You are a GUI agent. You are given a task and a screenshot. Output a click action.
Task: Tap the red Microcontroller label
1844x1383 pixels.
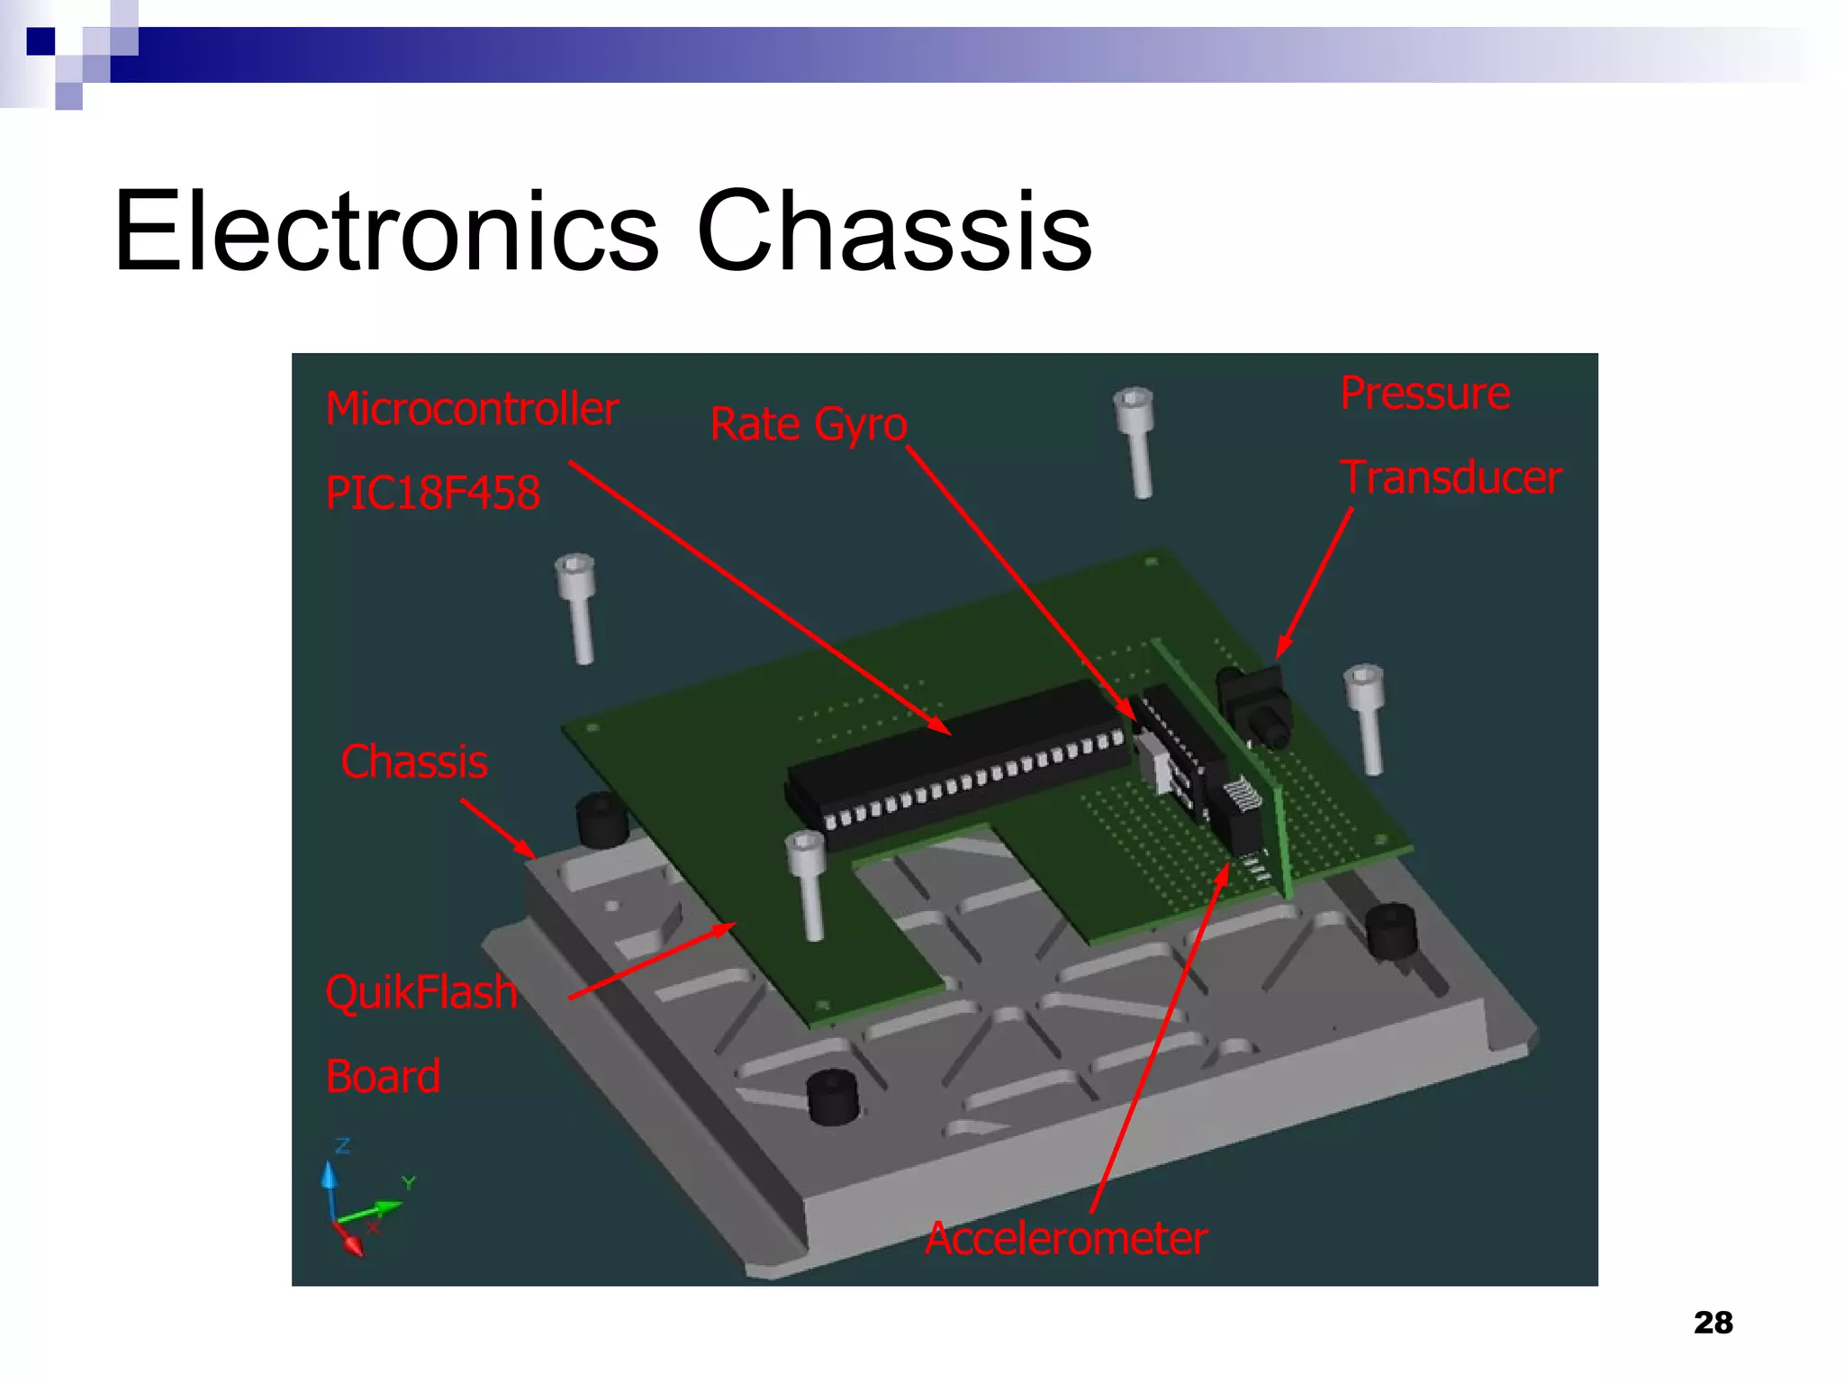point(472,409)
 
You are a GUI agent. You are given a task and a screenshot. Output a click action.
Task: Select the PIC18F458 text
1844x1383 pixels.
point(433,493)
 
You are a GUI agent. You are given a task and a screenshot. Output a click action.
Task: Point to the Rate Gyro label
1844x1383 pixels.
point(808,424)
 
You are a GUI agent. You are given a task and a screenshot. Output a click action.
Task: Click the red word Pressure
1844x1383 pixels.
point(1424,393)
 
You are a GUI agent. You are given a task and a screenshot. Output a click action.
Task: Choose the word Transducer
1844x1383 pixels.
point(1451,477)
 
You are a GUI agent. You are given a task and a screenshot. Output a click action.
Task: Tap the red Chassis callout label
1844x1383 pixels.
point(414,762)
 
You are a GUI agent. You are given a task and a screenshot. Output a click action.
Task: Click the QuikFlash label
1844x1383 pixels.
point(421,992)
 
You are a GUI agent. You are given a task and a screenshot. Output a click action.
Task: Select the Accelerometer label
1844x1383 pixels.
point(1066,1238)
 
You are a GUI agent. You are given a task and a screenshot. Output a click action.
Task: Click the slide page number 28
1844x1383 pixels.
point(1713,1323)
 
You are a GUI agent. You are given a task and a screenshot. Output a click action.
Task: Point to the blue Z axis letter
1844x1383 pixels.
point(342,1146)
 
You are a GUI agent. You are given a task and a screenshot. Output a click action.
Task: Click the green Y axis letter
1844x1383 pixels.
point(409,1182)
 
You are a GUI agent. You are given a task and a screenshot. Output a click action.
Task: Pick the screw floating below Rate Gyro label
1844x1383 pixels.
point(1135,441)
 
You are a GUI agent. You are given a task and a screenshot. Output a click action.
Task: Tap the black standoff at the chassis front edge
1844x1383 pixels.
point(832,1096)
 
